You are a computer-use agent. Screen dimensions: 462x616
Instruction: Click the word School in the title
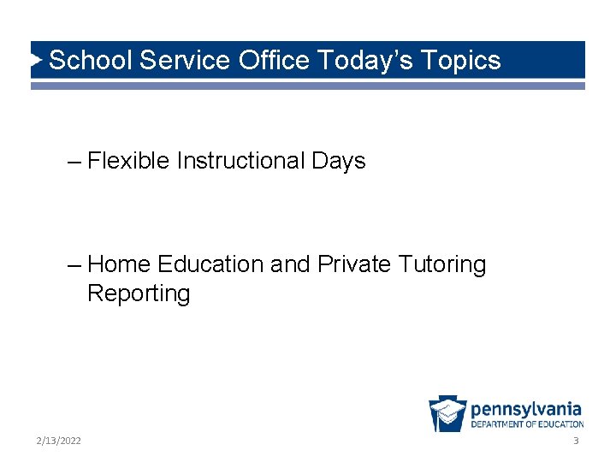(90, 60)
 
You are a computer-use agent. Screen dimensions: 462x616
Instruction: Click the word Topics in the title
(462, 60)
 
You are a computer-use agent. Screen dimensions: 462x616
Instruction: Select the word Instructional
(241, 161)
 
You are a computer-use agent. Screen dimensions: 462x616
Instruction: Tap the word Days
(339, 161)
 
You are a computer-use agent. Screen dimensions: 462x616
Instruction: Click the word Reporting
(139, 293)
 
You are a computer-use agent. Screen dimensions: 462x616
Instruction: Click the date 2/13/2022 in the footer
(59, 441)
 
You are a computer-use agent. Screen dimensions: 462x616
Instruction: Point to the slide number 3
(576, 441)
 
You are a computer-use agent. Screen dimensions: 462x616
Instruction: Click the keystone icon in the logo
(447, 414)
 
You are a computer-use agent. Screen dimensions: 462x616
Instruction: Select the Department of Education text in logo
(527, 424)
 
